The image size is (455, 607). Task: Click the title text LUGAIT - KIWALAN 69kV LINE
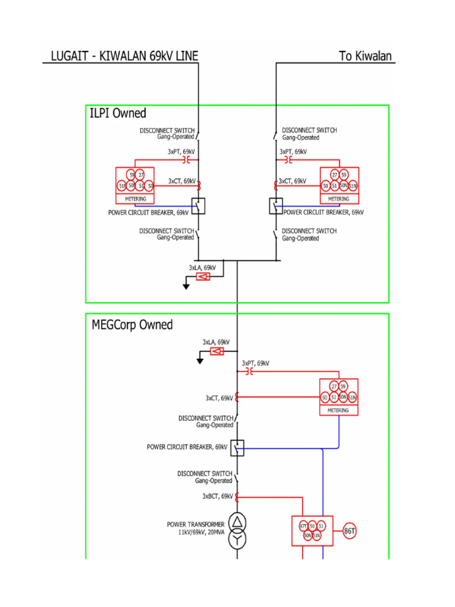click(x=120, y=56)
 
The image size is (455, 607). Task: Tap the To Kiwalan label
click(x=365, y=56)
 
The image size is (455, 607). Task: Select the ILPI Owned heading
click(x=118, y=113)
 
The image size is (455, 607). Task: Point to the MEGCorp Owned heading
click(x=132, y=325)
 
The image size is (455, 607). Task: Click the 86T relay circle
click(x=350, y=531)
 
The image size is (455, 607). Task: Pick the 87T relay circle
click(x=303, y=526)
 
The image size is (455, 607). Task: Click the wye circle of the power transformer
click(x=237, y=539)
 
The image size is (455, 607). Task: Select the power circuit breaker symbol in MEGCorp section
click(x=237, y=448)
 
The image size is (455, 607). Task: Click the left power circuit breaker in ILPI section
click(x=198, y=206)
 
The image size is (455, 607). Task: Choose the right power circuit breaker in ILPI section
click(x=276, y=206)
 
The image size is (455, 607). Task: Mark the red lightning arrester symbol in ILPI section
click(x=203, y=276)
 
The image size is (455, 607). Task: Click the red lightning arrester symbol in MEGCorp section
click(x=217, y=352)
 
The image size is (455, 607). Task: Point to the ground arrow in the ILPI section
click(x=185, y=286)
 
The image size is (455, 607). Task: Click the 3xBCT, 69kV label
click(x=217, y=496)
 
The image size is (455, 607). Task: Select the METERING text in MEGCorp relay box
click(x=339, y=410)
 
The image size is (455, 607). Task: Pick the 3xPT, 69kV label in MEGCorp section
click(x=255, y=362)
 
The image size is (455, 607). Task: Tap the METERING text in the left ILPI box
click(x=135, y=199)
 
